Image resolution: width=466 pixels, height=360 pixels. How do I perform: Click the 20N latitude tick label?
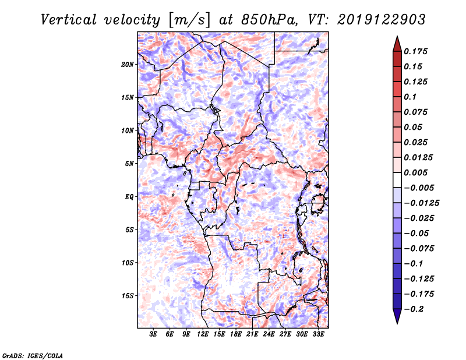(x=128, y=64)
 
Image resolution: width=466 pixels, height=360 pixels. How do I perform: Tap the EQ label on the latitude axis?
(x=129, y=197)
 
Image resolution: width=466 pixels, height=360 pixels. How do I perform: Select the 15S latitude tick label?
(x=128, y=296)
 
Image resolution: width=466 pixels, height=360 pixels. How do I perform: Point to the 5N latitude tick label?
(x=129, y=164)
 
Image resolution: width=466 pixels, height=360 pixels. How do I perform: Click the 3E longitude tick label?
(x=154, y=334)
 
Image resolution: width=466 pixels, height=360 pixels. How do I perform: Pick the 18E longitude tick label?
(x=236, y=334)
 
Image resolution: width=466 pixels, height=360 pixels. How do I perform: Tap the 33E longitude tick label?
(x=319, y=334)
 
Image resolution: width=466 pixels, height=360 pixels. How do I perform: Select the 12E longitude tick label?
(x=203, y=334)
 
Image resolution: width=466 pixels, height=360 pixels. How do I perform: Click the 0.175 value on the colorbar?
(x=417, y=52)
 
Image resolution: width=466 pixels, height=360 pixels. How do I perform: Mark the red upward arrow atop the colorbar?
(x=397, y=42)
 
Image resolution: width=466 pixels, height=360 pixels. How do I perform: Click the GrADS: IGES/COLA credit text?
(x=32, y=355)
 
